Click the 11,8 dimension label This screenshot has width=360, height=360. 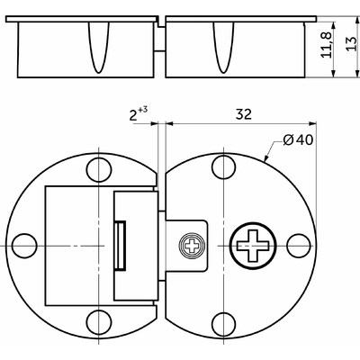(x=326, y=45)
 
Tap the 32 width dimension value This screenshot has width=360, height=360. (x=243, y=114)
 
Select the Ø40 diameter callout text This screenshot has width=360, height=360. (x=298, y=139)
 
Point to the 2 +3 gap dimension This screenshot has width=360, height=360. (x=139, y=113)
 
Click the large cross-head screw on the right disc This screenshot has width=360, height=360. (x=253, y=245)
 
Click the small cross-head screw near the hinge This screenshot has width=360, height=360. (x=192, y=246)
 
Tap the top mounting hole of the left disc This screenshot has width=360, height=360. (x=98, y=169)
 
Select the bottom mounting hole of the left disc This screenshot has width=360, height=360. (x=98, y=321)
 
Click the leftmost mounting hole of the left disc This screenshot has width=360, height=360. (x=24, y=246)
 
